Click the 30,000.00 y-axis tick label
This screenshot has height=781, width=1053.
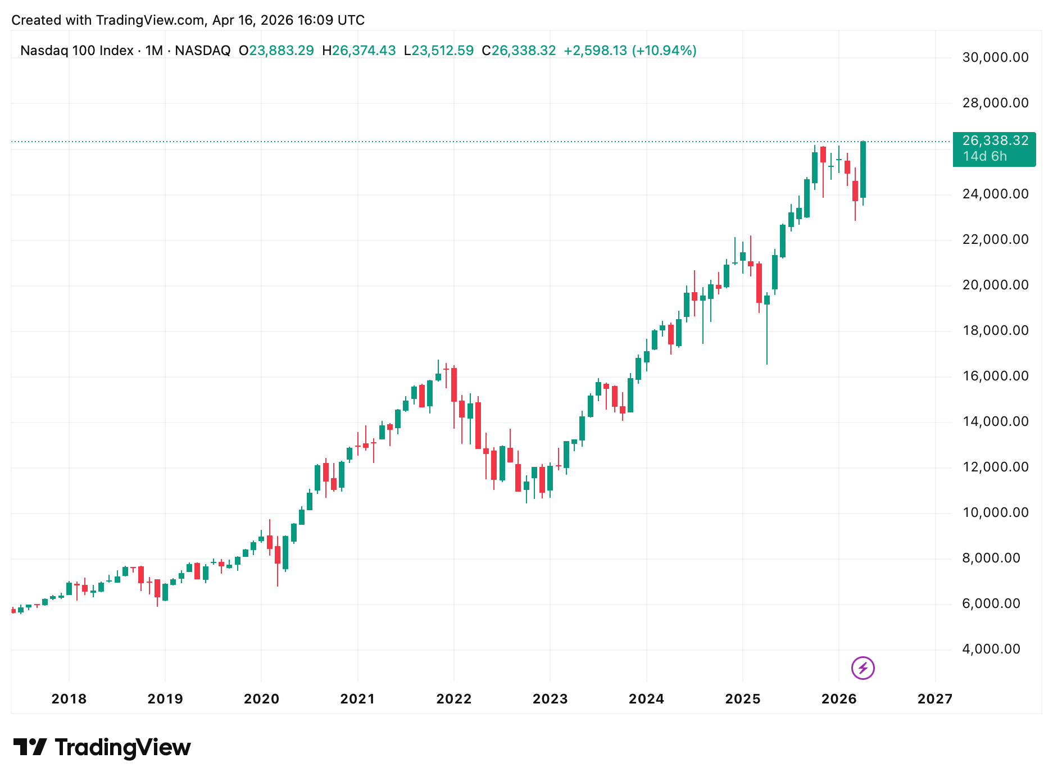coord(995,57)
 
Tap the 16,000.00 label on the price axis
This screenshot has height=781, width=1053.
coord(995,376)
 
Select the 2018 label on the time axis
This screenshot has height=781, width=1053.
coord(69,699)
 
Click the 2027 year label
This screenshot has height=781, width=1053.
coord(935,699)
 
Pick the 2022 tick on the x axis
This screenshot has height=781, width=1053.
coord(454,699)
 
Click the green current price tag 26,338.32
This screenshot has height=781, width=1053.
coord(995,141)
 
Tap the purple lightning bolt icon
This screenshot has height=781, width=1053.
coord(863,668)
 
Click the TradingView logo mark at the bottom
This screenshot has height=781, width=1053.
coord(30,747)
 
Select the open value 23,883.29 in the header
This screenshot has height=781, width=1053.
coord(282,51)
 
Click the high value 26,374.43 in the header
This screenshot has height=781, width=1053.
coord(364,51)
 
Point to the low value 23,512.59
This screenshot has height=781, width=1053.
coord(442,51)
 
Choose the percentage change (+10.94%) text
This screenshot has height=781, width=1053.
coord(664,51)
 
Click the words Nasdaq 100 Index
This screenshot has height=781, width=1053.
coord(77,51)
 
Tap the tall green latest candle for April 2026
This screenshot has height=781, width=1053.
coord(863,169)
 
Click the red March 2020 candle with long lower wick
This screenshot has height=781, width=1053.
coord(278,555)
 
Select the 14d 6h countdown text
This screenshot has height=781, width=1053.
coord(985,156)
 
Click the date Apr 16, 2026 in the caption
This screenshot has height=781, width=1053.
coord(253,20)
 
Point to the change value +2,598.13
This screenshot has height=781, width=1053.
coord(595,51)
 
